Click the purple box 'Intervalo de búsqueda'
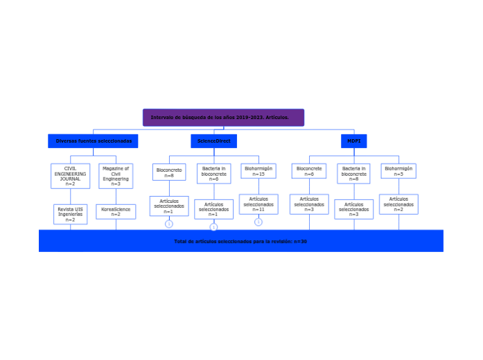(x=223, y=118)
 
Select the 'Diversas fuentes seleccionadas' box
(x=94, y=141)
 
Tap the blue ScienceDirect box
(x=213, y=141)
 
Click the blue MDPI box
(x=353, y=141)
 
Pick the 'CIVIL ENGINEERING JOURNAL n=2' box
(x=70, y=176)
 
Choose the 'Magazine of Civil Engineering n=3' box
(x=116, y=176)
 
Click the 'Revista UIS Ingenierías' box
(x=70, y=214)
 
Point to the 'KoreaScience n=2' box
(x=116, y=212)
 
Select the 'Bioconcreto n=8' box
(x=169, y=172)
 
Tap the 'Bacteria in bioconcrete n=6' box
(x=213, y=174)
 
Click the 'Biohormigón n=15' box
(x=258, y=171)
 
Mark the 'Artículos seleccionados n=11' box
(x=258, y=204)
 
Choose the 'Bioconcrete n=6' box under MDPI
(x=309, y=171)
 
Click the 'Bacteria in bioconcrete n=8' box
(x=354, y=174)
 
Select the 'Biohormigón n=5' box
(x=398, y=171)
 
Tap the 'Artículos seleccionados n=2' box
(x=398, y=204)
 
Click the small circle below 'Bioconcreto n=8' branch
(x=169, y=224)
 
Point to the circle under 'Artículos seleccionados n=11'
(x=258, y=222)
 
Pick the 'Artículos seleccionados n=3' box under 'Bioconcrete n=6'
(x=309, y=204)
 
